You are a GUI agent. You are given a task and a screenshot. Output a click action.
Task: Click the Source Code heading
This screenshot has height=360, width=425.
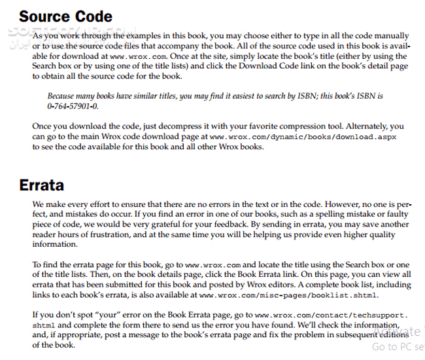65,16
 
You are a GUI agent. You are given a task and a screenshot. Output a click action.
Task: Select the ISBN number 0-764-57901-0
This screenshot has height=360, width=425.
73,106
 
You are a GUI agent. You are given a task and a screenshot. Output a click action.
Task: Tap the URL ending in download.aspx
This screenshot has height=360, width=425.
303,137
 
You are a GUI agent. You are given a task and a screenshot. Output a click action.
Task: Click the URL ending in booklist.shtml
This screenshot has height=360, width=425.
288,295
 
